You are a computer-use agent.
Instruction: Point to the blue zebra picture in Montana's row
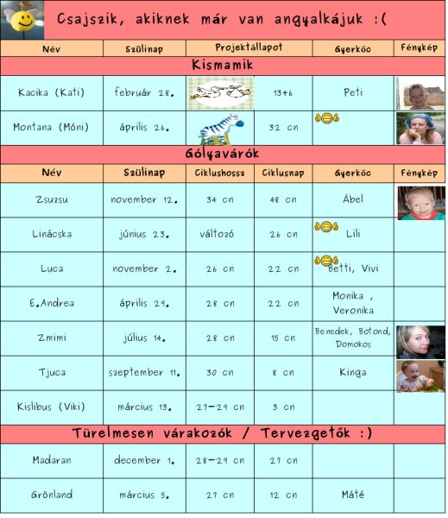pos(218,127)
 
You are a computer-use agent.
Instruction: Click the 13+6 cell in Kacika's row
pos(282,93)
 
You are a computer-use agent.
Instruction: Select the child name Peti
pos(352,93)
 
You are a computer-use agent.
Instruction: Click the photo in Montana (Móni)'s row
pos(420,128)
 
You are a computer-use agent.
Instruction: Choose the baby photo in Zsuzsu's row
pos(420,202)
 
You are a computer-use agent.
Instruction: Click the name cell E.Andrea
pos(51,304)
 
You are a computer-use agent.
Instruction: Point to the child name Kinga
pos(352,373)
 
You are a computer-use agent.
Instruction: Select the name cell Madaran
pos(51,461)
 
